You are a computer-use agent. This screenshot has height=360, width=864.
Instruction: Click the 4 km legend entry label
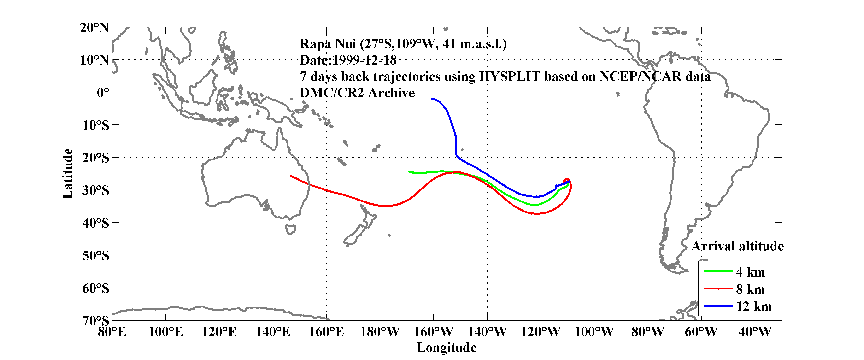point(750,272)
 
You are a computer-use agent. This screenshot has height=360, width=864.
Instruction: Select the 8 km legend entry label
point(750,289)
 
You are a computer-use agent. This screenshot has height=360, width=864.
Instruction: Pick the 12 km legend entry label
point(754,306)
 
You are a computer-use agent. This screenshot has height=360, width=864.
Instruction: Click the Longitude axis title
point(447,348)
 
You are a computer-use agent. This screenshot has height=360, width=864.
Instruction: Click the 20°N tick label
point(94,28)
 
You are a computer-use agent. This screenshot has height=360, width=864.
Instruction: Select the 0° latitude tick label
point(103,92)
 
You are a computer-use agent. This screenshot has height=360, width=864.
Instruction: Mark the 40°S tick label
point(96,223)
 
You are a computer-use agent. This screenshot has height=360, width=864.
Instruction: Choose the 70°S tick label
point(96,321)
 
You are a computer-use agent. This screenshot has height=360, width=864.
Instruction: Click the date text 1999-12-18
point(364,60)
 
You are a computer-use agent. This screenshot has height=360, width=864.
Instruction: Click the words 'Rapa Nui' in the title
point(328,44)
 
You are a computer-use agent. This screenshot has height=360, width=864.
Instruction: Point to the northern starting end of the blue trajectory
point(432,99)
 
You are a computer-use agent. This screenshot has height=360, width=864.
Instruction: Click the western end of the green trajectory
point(409,171)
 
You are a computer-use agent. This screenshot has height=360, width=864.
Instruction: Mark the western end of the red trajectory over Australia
point(291,176)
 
